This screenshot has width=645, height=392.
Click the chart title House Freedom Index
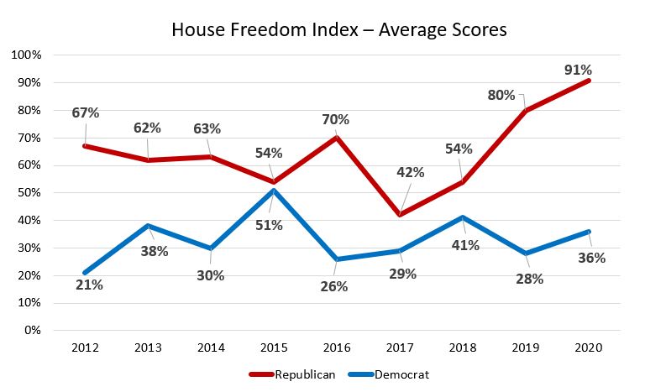point(265,30)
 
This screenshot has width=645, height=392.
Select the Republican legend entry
point(292,374)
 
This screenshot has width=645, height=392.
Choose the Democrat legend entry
point(389,374)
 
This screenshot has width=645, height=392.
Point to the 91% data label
point(578,70)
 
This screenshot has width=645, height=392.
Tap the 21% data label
point(89,285)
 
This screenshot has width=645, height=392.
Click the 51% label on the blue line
point(269,226)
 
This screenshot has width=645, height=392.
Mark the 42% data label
point(411,172)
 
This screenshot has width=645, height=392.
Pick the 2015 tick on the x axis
point(274,348)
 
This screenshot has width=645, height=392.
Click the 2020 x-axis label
point(588,348)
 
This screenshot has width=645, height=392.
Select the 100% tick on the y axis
point(26,55)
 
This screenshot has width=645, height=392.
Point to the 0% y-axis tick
point(33,330)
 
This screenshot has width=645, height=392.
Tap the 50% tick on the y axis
point(29,192)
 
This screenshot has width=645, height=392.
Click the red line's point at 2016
point(337,138)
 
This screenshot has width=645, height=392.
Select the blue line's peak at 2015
point(274,190)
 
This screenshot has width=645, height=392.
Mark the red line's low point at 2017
point(400,214)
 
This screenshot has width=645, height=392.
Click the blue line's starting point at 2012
point(85,272)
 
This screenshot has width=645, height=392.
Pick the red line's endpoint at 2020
point(589,81)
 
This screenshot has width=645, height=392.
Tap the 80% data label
point(501,96)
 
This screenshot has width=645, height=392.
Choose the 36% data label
point(592,258)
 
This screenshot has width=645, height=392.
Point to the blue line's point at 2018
point(463,217)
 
